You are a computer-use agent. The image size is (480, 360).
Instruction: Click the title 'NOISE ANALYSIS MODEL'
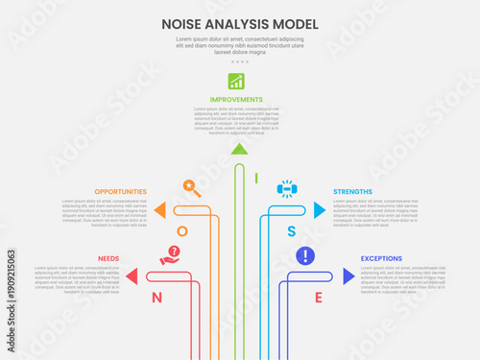click(240, 24)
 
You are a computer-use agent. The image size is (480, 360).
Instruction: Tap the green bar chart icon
click(235, 81)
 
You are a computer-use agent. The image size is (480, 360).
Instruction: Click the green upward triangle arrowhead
click(239, 149)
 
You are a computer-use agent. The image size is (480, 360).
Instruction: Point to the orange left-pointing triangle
click(160, 209)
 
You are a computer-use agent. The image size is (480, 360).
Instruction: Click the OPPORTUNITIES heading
click(121, 192)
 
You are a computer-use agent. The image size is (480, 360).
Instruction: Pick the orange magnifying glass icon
click(191, 188)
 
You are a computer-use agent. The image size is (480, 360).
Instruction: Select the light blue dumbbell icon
click(286, 188)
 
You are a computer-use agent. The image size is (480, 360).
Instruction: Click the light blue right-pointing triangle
click(320, 209)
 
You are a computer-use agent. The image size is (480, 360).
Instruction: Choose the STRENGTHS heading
click(353, 192)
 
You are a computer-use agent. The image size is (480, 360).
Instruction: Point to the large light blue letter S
click(292, 231)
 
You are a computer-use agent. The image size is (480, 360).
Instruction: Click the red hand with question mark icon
click(170, 255)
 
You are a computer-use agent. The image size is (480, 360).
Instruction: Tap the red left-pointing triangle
click(132, 276)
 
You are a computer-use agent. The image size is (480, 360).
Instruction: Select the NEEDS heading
click(108, 259)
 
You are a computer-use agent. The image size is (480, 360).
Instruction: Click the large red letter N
click(156, 298)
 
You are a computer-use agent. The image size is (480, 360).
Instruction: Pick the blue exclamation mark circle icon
click(305, 255)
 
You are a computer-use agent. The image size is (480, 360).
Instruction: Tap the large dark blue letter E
click(319, 298)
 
